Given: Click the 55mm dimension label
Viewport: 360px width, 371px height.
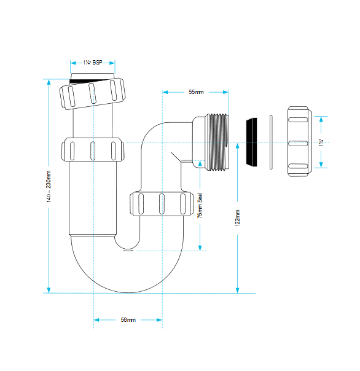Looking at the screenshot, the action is coord(196,92).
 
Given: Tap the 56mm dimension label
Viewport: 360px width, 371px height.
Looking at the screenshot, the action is coord(128,320).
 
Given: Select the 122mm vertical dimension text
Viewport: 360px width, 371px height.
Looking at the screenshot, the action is coord(237,218).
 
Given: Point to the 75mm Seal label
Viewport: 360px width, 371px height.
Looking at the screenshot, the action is coord(200,205).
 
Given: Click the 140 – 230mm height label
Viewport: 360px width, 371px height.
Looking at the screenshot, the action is coord(49,187).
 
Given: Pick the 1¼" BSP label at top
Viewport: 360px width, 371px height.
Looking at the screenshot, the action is coord(93,63).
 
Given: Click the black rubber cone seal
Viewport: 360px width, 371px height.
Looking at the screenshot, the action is coord(252,143).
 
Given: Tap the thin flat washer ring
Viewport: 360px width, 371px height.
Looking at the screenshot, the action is coord(271,143).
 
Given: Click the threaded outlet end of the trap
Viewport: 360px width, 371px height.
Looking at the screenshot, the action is coord(217,143).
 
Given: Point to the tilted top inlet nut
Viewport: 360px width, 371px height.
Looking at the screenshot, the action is coord(92,93).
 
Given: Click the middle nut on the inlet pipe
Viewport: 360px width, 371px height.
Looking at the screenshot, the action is coord(93,150).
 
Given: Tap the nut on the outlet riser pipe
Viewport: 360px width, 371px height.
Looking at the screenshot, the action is coord(162,204).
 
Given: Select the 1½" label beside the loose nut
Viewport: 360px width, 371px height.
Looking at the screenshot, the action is coord(321,143).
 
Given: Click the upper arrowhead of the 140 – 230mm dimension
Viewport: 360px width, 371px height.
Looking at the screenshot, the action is coord(49,82).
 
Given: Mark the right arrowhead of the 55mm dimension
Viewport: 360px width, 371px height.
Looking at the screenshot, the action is coord(226,92).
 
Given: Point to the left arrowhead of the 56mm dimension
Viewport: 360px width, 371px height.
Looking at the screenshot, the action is coord(96,320).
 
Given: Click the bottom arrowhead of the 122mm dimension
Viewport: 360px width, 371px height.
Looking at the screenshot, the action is coord(238,291).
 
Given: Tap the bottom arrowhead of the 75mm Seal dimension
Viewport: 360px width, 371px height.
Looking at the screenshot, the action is coord(200,248).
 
